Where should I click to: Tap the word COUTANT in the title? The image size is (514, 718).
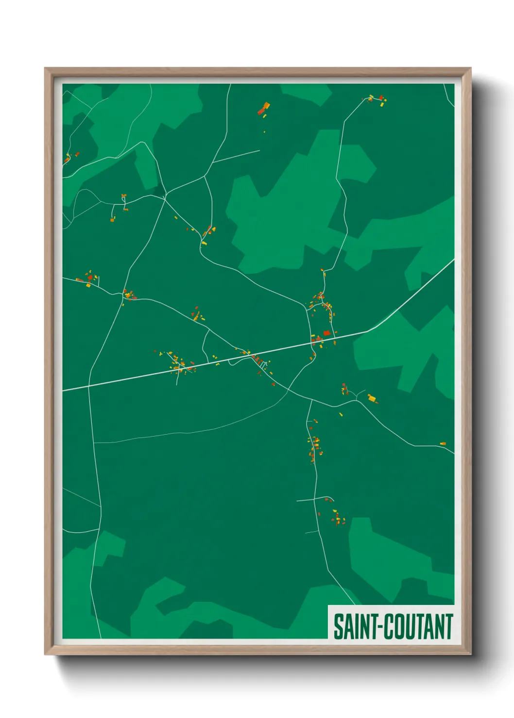tap(419, 626)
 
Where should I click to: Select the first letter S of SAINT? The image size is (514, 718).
tap(338, 626)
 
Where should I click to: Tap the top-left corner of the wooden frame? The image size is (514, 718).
tap(46, 69)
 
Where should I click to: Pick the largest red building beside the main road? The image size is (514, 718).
tap(326, 333)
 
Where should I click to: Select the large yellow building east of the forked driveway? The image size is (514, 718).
tap(372, 398)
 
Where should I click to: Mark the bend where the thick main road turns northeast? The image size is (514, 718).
tap(368, 331)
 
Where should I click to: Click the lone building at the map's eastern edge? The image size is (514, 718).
tap(443, 443)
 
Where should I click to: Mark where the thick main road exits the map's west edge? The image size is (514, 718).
tap(64, 390)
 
